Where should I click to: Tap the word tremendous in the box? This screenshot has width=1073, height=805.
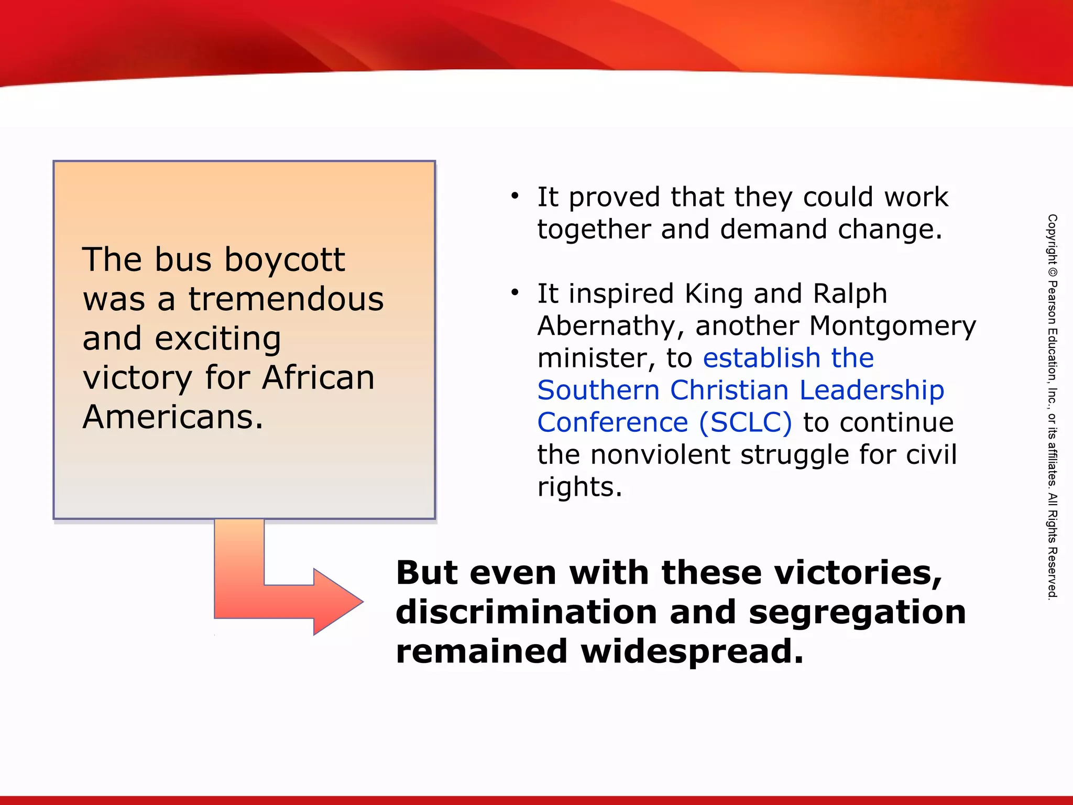[x=286, y=299]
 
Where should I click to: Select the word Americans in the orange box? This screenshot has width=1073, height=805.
[x=172, y=417]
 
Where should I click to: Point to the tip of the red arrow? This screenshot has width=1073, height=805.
[x=362, y=602]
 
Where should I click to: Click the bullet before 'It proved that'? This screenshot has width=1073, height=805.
[x=515, y=197]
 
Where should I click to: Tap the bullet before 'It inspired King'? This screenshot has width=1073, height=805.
[x=515, y=292]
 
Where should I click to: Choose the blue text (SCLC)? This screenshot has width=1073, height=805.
[x=746, y=422]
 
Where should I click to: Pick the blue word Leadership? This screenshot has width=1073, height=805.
[x=872, y=390]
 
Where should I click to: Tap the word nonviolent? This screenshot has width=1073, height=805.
[x=660, y=454]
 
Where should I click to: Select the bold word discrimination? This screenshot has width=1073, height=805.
[x=526, y=612]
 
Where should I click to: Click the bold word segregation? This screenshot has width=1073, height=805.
[x=857, y=613]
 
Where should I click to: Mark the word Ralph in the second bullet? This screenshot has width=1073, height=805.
[x=850, y=293]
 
